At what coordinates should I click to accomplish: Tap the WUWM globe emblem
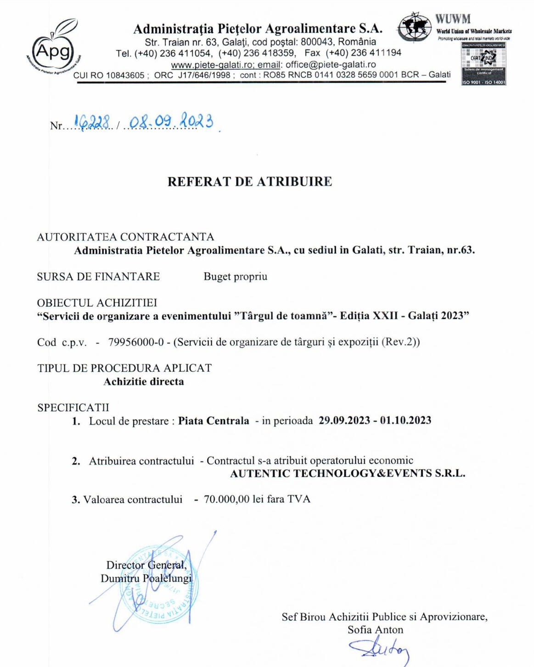coord(415,27)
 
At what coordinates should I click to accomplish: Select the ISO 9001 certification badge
coord(483,64)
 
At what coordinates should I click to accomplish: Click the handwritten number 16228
coord(92,122)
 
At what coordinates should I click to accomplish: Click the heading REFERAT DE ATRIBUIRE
coord(249,181)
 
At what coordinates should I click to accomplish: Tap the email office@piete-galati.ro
coord(331,65)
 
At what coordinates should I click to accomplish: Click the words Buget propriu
coord(235,276)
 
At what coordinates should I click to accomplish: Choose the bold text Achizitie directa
coord(143,381)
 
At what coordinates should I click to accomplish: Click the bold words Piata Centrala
coord(214,420)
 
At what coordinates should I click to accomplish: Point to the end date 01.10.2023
coord(405,420)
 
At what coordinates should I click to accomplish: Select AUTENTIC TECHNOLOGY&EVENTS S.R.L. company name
coord(348,473)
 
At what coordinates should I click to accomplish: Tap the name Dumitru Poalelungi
coord(146,578)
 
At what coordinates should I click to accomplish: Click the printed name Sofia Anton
coord(375,629)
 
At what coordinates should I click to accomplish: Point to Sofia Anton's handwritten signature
coord(380,648)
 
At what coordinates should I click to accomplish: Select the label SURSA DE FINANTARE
coord(98,276)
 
